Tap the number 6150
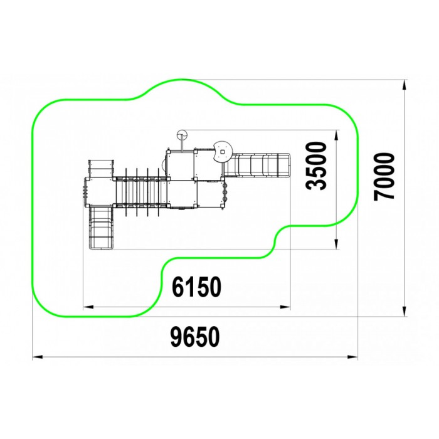click(196, 287)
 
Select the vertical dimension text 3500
click(317, 166)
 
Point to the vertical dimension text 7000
click(384, 177)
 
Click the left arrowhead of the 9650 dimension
click(38, 357)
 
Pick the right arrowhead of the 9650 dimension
click(352, 357)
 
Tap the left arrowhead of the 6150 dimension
click(88, 307)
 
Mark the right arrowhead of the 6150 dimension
click(285, 307)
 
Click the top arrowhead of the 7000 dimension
click(404, 85)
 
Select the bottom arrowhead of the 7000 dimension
click(404, 311)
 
